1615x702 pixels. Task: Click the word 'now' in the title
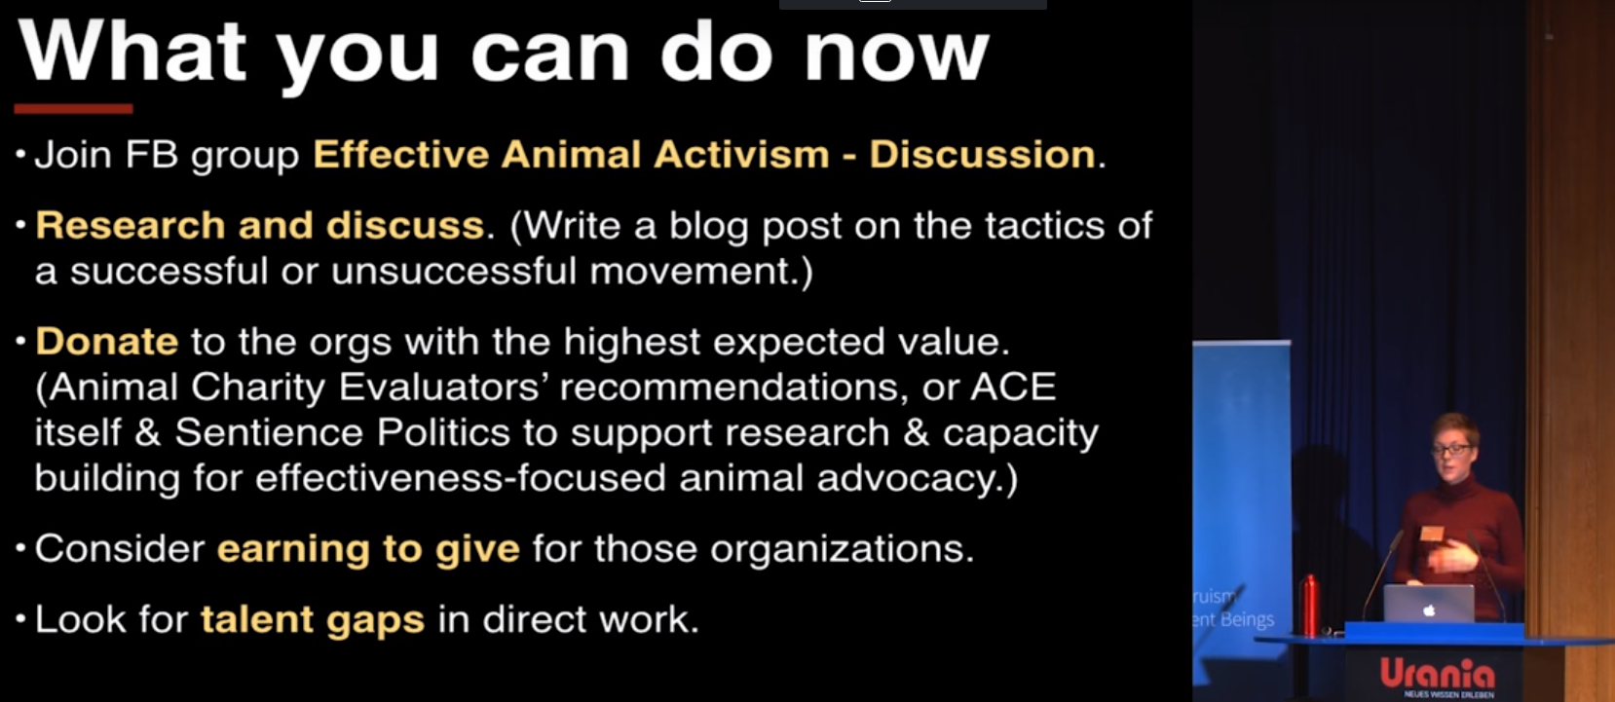[x=896, y=55]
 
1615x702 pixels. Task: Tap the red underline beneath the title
[x=73, y=108]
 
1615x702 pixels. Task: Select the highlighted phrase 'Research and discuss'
[x=260, y=226]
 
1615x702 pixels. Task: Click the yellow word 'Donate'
[x=107, y=342]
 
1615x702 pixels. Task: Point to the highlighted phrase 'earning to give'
[x=368, y=549]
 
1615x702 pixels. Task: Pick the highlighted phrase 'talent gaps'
[x=313, y=620]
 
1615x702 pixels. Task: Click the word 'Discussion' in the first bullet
[x=982, y=155]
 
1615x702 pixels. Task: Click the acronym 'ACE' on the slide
[x=1013, y=388]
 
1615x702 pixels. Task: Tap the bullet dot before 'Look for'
[x=20, y=619]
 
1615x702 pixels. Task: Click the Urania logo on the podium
[x=1437, y=674]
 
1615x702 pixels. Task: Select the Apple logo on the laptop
[x=1428, y=610]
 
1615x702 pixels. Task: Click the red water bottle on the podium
[x=1310, y=605]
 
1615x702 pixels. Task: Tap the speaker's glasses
[x=1450, y=449]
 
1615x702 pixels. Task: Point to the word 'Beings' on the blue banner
[x=1247, y=619]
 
